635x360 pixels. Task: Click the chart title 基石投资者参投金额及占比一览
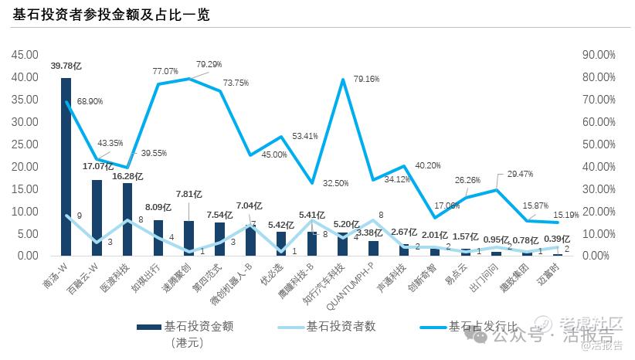click(111, 15)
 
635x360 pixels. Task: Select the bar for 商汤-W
click(66, 166)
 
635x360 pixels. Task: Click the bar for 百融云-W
click(97, 217)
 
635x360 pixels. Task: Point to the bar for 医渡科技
click(127, 219)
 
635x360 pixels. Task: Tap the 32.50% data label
click(335, 183)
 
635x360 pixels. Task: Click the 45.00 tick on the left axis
click(27, 55)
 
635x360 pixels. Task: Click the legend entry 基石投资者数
click(341, 326)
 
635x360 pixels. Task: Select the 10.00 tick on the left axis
click(27, 211)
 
